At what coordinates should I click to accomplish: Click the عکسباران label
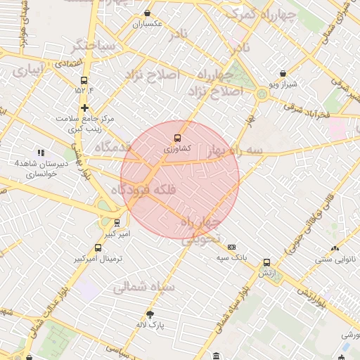pos(148,24)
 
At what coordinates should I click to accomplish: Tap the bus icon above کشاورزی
pos(176,138)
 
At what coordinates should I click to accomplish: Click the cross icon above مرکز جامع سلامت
pos(85,108)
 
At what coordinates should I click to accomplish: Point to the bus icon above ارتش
pos(266,262)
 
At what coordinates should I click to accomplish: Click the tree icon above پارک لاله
pos(150,314)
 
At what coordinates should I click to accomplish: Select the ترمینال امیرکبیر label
pos(98,259)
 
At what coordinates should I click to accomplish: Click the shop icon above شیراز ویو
pos(283,73)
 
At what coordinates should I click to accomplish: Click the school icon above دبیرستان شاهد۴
pos(41,153)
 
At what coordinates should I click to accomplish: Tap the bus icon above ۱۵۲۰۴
pos(84,80)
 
